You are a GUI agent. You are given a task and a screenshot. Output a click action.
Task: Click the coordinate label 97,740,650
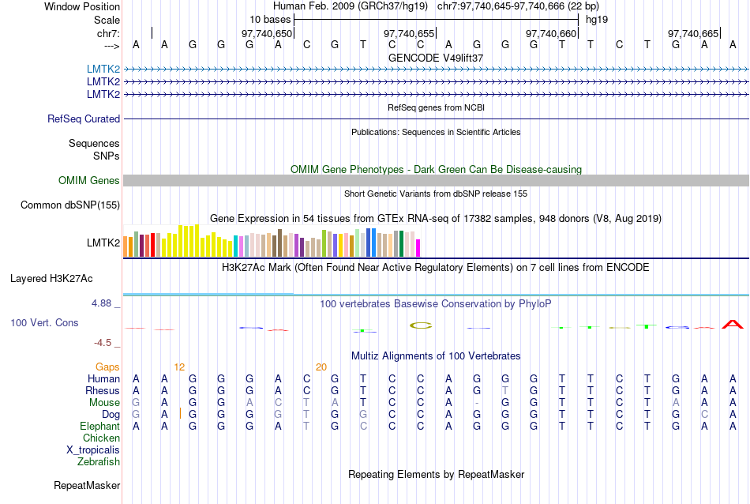[x=267, y=34]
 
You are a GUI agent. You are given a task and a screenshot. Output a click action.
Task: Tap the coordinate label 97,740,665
[x=694, y=34]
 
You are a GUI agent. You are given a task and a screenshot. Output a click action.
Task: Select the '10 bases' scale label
[x=270, y=19]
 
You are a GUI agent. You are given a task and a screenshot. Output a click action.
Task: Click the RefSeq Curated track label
[x=84, y=119]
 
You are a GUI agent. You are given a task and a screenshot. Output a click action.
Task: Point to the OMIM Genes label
[x=89, y=181]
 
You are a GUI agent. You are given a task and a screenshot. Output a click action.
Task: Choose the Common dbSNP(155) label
[x=70, y=205]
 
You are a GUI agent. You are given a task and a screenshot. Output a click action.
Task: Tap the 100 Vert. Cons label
[x=44, y=323]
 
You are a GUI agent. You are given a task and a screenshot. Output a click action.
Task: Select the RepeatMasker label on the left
[x=87, y=485]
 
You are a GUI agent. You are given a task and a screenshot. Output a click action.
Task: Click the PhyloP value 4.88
[x=105, y=303]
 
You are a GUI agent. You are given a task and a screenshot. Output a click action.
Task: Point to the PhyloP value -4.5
[x=107, y=343]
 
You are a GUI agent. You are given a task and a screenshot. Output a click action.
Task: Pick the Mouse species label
[x=104, y=402]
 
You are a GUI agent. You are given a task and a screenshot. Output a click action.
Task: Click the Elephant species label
[x=99, y=426]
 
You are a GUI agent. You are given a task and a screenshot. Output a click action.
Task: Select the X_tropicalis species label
[x=93, y=449]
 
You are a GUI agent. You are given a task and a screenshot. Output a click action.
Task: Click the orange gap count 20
[x=321, y=367]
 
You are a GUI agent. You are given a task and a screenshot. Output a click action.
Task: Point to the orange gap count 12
[x=179, y=367]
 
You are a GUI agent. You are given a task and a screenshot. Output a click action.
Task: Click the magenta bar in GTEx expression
[x=418, y=247]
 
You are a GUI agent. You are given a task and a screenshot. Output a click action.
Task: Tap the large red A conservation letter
[x=733, y=324]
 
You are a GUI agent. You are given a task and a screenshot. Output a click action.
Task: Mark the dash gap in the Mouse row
[x=477, y=403]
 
